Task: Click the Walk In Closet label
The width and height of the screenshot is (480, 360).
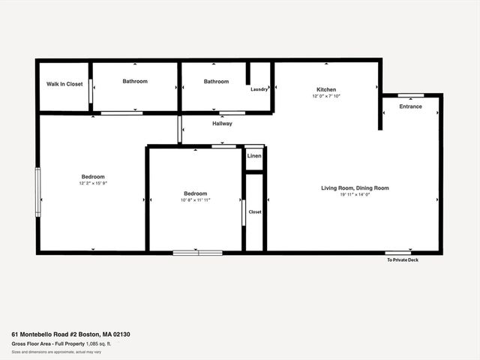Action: click(x=64, y=84)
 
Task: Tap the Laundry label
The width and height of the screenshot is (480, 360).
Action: click(x=259, y=89)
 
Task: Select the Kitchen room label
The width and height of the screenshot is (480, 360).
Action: click(x=326, y=89)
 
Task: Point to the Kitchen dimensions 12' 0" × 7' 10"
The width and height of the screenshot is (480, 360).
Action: click(x=326, y=97)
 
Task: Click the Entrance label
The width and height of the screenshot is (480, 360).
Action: click(x=410, y=106)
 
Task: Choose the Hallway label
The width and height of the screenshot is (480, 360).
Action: click(x=222, y=124)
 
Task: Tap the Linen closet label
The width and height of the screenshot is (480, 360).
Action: click(x=254, y=156)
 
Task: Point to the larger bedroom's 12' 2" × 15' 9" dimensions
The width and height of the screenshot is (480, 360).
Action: click(x=94, y=184)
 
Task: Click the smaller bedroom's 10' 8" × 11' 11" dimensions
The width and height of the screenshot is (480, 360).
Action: click(x=196, y=200)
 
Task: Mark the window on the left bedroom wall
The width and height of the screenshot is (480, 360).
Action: click(x=38, y=192)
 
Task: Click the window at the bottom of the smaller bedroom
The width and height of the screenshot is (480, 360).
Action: click(x=197, y=253)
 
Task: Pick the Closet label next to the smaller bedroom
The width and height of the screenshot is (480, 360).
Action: click(x=255, y=211)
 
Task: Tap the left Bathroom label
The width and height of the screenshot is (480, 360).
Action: click(x=135, y=81)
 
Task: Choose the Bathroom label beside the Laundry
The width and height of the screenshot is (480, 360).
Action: click(x=216, y=81)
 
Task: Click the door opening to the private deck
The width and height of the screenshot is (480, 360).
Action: click(x=398, y=253)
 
